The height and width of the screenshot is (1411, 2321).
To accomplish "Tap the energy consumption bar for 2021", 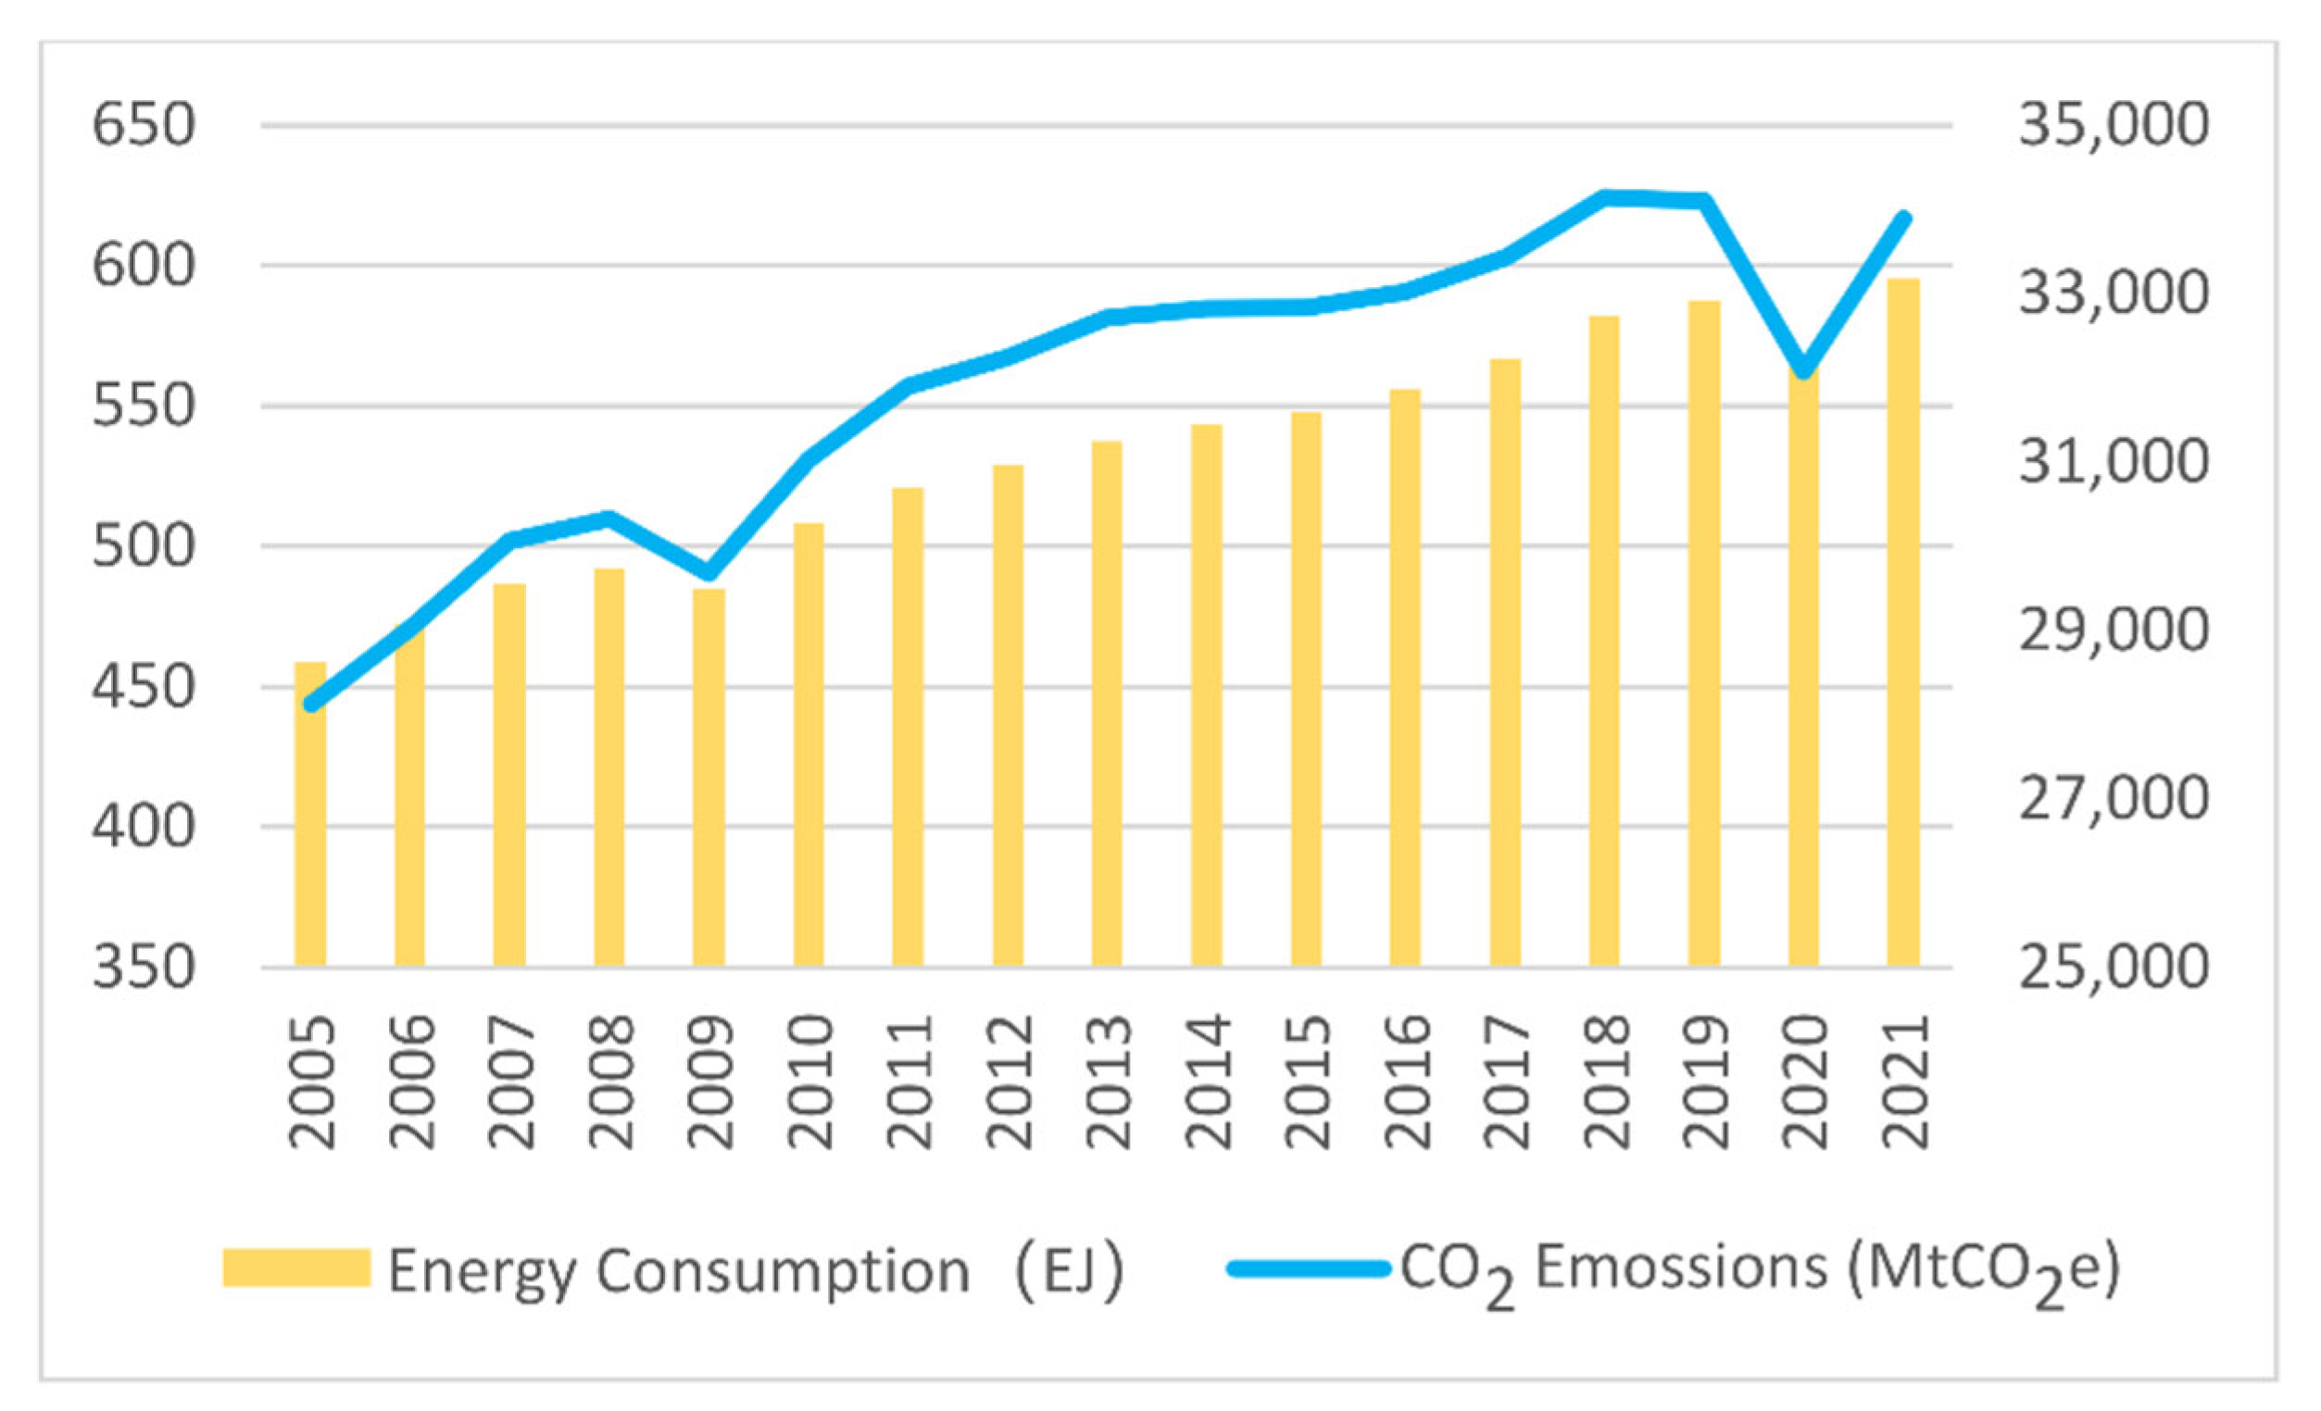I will click(x=1901, y=621).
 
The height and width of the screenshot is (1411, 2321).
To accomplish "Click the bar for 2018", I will click(x=1604, y=641).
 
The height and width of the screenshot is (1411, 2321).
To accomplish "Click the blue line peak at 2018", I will click(x=1604, y=197).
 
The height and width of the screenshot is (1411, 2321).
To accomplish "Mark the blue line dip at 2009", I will click(x=709, y=574).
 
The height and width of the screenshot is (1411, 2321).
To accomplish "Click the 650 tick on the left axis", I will click(x=144, y=125).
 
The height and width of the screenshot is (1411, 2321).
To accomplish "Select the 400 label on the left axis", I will click(x=144, y=827).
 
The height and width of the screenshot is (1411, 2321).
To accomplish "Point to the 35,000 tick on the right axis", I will click(x=2113, y=125).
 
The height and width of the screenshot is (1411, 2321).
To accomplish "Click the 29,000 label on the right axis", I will click(x=2113, y=631).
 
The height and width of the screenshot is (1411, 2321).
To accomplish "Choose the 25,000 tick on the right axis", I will click(x=2113, y=968).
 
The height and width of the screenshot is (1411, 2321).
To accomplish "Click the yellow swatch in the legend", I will click(x=295, y=1267).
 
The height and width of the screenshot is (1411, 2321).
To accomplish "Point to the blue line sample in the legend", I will click(x=1309, y=1268).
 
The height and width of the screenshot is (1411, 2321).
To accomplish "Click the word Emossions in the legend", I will click(x=1680, y=1267).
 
